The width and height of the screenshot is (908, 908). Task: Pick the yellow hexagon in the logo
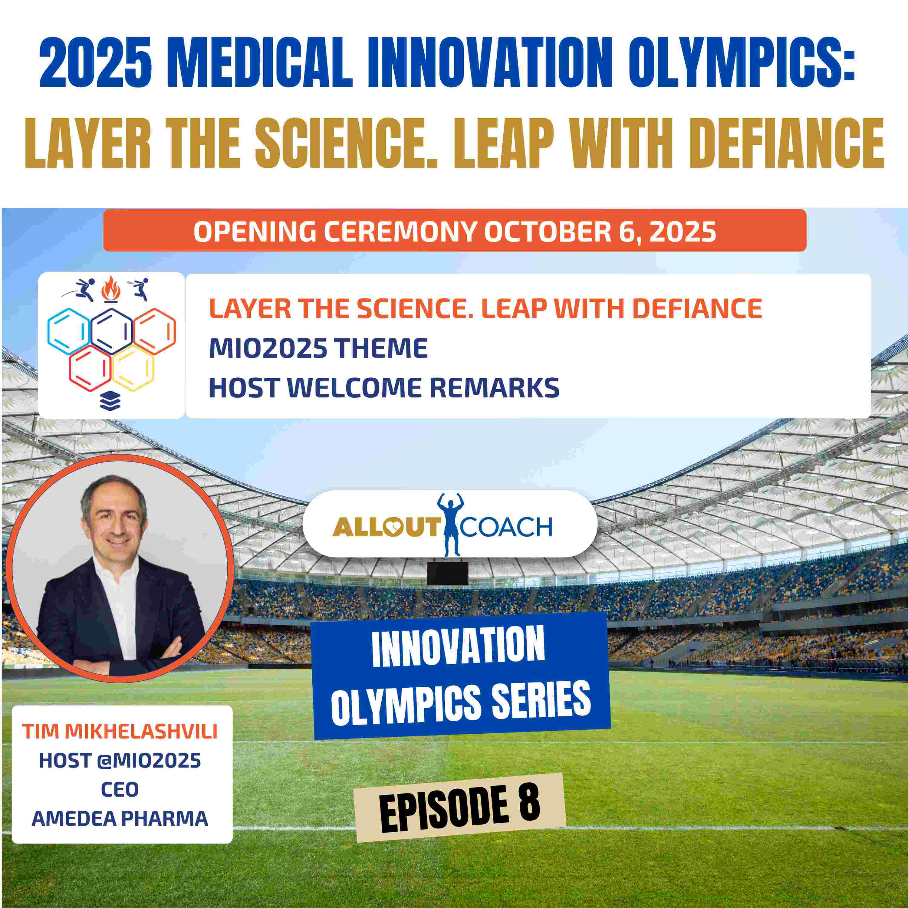tap(133, 368)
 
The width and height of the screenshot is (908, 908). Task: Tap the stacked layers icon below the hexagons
tap(110, 401)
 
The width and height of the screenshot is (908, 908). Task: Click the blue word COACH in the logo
tap(506, 527)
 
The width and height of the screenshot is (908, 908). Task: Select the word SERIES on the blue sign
tap(540, 700)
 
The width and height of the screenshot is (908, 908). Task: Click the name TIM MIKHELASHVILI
tap(120, 732)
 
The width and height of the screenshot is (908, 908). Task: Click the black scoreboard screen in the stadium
tap(447, 573)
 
